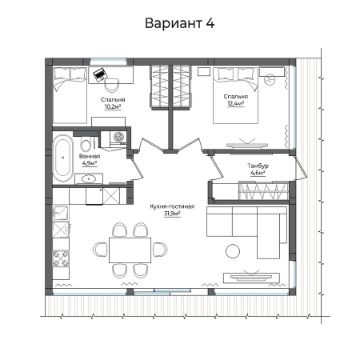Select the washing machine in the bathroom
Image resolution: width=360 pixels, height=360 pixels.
[117, 137]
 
